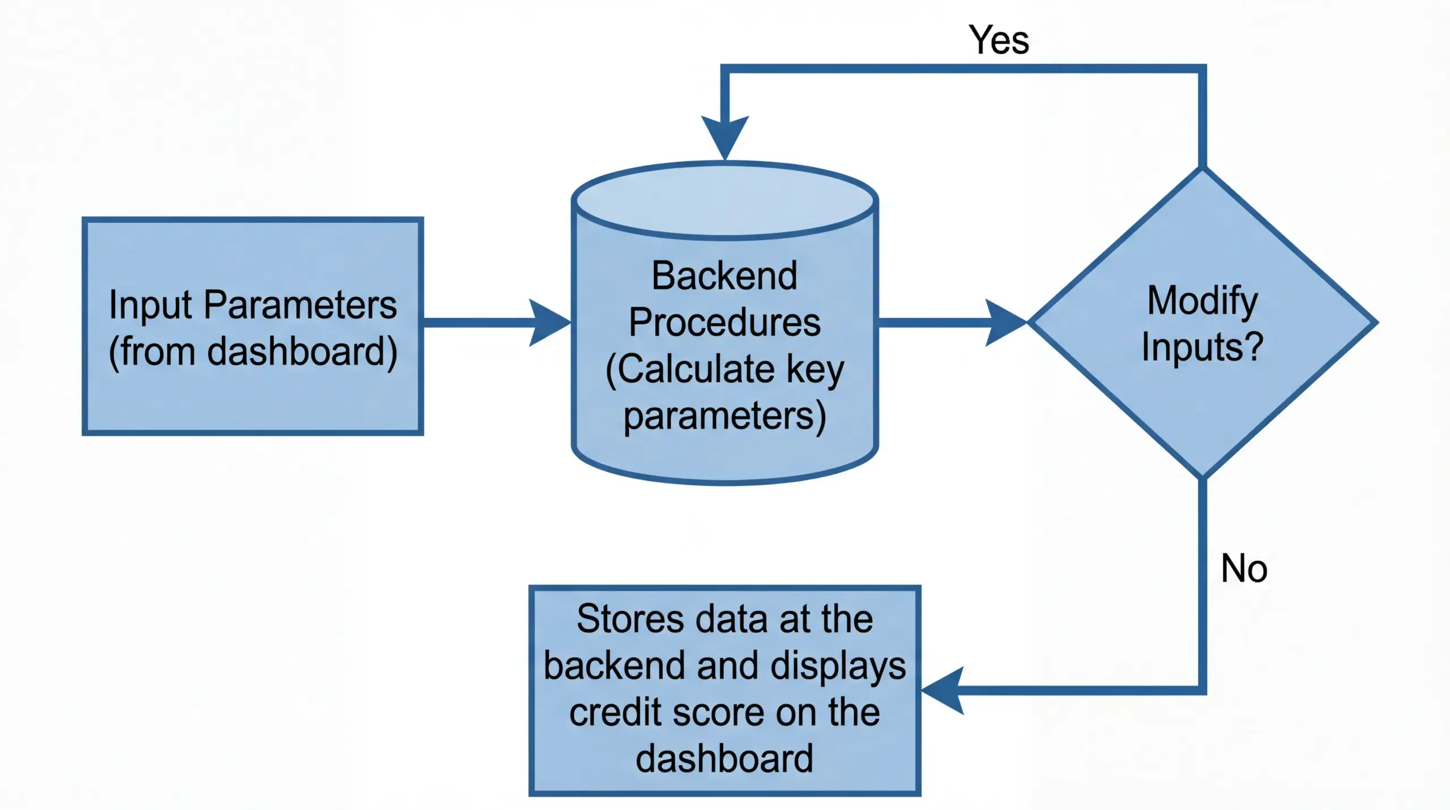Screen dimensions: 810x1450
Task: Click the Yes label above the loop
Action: click(x=999, y=40)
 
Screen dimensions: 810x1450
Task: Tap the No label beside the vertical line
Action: click(x=1244, y=569)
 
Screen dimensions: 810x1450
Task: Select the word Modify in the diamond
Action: click(x=1202, y=302)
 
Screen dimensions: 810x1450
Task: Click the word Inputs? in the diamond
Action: click(x=1202, y=347)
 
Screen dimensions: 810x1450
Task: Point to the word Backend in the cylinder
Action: click(x=724, y=276)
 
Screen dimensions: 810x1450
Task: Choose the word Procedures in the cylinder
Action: click(x=724, y=323)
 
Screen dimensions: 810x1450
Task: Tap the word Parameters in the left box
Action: click(x=300, y=305)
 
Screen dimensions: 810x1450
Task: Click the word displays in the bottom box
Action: click(x=838, y=666)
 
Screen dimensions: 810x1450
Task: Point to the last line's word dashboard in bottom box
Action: click(x=724, y=758)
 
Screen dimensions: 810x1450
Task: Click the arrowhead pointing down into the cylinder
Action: click(x=725, y=137)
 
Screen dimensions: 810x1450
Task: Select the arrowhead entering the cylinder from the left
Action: click(x=548, y=323)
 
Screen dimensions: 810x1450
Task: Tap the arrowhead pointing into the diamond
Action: click(x=1005, y=323)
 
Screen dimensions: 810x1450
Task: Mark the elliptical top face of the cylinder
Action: click(x=725, y=200)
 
